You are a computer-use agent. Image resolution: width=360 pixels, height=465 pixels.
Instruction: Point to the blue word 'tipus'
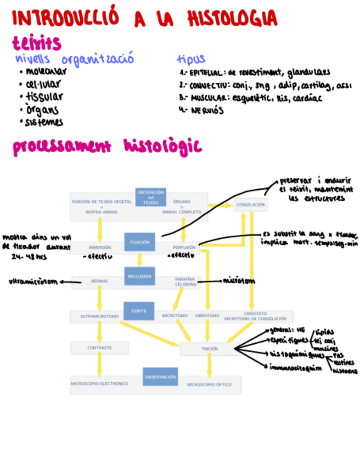pos(191,59)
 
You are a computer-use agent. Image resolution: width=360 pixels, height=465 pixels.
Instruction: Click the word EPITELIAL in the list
pos(206,72)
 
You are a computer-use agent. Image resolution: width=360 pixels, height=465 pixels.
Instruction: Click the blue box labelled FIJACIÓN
pos(139,242)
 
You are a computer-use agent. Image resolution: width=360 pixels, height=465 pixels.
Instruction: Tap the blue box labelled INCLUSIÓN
pos(139,276)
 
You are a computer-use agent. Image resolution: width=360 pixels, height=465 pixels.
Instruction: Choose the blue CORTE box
pos(139,311)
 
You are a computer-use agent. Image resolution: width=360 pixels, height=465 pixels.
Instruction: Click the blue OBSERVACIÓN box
pos(160,377)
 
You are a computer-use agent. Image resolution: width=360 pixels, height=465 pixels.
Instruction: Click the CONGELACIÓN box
pos(251,205)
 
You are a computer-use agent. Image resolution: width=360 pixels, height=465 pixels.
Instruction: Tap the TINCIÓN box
pos(209,348)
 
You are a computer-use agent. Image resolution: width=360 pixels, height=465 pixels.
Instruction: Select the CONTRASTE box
pos(99,348)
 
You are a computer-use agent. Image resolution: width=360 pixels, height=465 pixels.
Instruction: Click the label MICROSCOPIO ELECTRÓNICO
pos(99,384)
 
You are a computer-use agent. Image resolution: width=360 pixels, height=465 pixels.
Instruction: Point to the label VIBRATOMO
pos(207,316)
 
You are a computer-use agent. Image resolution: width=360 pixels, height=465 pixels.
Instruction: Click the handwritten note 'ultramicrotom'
pos(33,282)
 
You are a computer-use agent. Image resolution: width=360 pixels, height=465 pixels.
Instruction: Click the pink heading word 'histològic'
pos(162,147)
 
